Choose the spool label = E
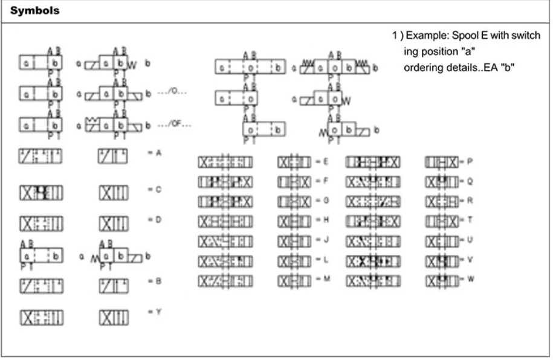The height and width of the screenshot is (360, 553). (320, 162)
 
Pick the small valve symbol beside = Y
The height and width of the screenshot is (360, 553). (114, 315)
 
